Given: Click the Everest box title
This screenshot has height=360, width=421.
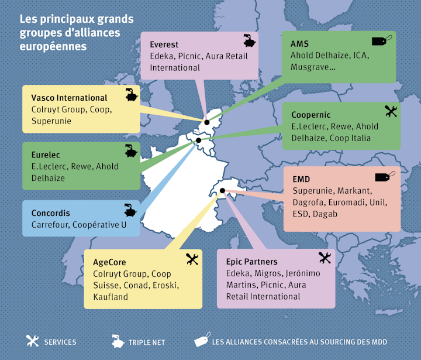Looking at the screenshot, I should pyautogui.click(x=164, y=44).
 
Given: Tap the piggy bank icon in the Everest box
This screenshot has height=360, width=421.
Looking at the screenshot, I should pyautogui.click(x=250, y=42).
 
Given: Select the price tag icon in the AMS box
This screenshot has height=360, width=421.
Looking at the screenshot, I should pyautogui.click(x=382, y=42).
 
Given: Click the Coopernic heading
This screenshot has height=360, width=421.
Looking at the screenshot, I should pyautogui.click(x=310, y=115).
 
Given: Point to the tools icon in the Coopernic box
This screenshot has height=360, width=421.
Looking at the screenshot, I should pyautogui.click(x=391, y=111).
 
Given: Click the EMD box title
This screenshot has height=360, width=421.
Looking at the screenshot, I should pyautogui.click(x=301, y=179).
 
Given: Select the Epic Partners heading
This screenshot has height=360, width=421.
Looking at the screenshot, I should pyautogui.click(x=251, y=262).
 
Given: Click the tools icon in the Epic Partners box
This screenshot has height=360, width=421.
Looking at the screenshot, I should pyautogui.click(x=325, y=258).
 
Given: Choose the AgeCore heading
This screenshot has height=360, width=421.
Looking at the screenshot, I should pyautogui.click(x=109, y=262).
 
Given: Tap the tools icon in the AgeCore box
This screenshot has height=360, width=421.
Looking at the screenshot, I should pyautogui.click(x=192, y=259).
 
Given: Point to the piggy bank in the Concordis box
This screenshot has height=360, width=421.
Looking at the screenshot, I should pyautogui.click(x=129, y=211).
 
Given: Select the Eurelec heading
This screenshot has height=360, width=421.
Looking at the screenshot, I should pyautogui.click(x=47, y=155).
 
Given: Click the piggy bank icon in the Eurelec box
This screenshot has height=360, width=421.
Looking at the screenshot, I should pyautogui.click(x=129, y=151).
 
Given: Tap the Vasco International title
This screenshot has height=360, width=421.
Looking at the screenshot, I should pyautogui.click(x=69, y=98).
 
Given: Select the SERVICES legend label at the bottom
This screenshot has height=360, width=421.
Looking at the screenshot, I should pyautogui.click(x=60, y=342).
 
